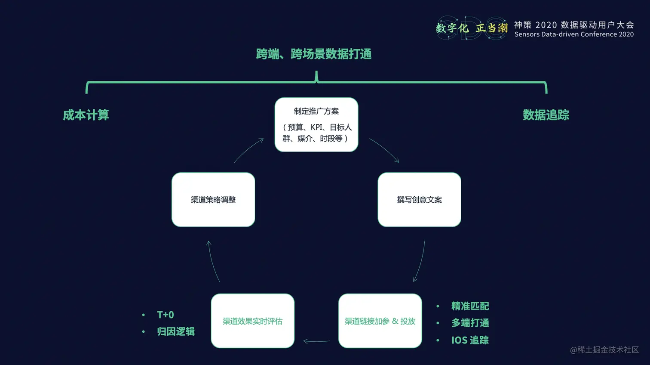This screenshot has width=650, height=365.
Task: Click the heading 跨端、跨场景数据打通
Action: click(x=313, y=54)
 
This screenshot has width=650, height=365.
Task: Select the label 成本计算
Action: click(x=86, y=115)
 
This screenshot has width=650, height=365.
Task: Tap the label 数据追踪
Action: click(x=546, y=115)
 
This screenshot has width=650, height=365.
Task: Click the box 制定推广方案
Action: click(x=316, y=124)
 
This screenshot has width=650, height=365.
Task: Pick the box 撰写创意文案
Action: click(x=419, y=200)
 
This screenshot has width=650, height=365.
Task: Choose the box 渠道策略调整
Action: click(x=213, y=200)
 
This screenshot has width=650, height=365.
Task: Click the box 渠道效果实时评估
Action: click(x=252, y=321)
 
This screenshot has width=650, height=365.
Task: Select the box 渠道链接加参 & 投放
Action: click(x=380, y=321)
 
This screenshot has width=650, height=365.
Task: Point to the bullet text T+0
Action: click(x=166, y=315)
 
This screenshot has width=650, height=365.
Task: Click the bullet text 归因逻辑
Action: click(x=176, y=331)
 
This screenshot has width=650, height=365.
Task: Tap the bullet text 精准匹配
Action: click(x=470, y=306)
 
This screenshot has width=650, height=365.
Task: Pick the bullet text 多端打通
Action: click(x=470, y=323)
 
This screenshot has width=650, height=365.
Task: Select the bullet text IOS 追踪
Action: click(x=470, y=340)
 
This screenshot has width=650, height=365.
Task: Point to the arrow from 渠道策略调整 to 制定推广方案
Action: click(x=248, y=150)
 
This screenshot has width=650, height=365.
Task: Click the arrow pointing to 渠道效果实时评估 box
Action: click(x=316, y=341)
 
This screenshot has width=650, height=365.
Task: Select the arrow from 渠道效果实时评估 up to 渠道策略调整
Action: click(x=213, y=261)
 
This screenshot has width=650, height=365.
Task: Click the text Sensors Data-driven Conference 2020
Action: click(x=574, y=34)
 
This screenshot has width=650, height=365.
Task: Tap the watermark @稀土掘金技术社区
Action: click(x=604, y=350)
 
